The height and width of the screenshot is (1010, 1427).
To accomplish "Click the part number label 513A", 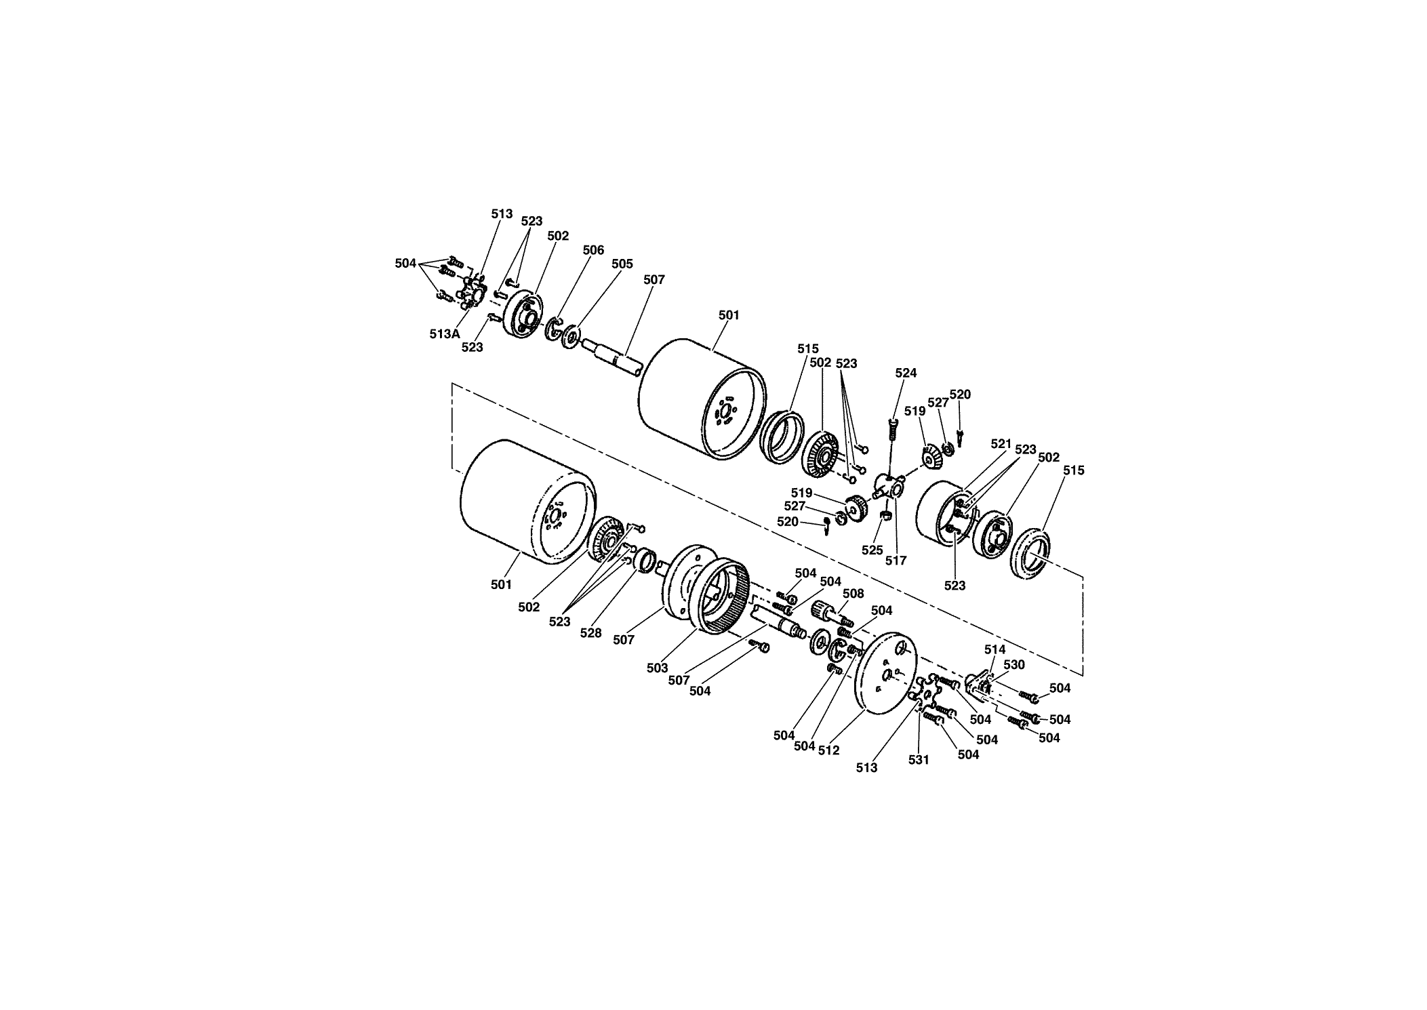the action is click(x=444, y=334).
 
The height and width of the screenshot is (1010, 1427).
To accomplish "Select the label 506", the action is click(x=593, y=250).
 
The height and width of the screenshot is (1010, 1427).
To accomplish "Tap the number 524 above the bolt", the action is click(x=906, y=373).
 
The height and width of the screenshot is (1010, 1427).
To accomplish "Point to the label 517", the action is click(x=896, y=561).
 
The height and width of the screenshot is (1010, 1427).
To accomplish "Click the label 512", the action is click(x=828, y=750).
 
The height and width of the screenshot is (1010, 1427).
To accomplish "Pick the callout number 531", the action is click(x=919, y=760).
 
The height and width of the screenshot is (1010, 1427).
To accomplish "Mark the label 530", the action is click(x=1013, y=665).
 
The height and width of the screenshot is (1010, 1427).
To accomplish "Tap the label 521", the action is click(x=1001, y=443).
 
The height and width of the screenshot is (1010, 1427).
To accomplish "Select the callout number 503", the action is click(x=657, y=668).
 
